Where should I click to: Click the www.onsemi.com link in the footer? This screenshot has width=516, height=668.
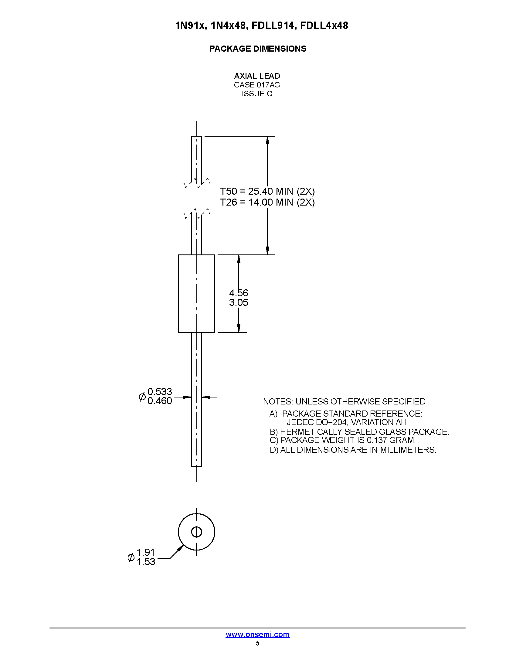point(257,634)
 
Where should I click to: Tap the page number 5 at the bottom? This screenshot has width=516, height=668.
point(258,643)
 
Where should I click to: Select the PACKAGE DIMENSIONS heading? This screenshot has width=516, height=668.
point(258,49)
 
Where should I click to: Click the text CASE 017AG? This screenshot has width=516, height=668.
point(257,85)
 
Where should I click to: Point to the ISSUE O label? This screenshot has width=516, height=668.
point(257,94)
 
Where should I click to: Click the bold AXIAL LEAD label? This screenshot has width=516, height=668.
point(257,76)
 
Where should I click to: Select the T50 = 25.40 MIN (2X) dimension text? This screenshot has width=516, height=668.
point(267,192)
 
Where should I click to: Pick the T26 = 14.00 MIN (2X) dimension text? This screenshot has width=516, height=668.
point(267,202)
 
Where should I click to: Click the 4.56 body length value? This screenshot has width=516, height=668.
point(239,293)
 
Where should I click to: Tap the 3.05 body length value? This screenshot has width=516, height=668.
point(239,302)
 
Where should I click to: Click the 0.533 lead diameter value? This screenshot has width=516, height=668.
point(160,391)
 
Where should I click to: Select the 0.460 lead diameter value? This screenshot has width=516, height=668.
point(160,401)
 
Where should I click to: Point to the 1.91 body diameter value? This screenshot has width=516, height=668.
point(145,552)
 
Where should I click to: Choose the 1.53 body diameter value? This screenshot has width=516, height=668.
point(146,561)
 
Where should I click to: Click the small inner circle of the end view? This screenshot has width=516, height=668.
point(197,532)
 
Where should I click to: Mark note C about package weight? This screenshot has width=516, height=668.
point(343,440)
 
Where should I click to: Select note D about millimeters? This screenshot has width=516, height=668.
point(353,450)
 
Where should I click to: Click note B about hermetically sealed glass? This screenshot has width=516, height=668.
point(359,432)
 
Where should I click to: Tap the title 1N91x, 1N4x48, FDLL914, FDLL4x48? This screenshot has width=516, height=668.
point(262,26)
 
